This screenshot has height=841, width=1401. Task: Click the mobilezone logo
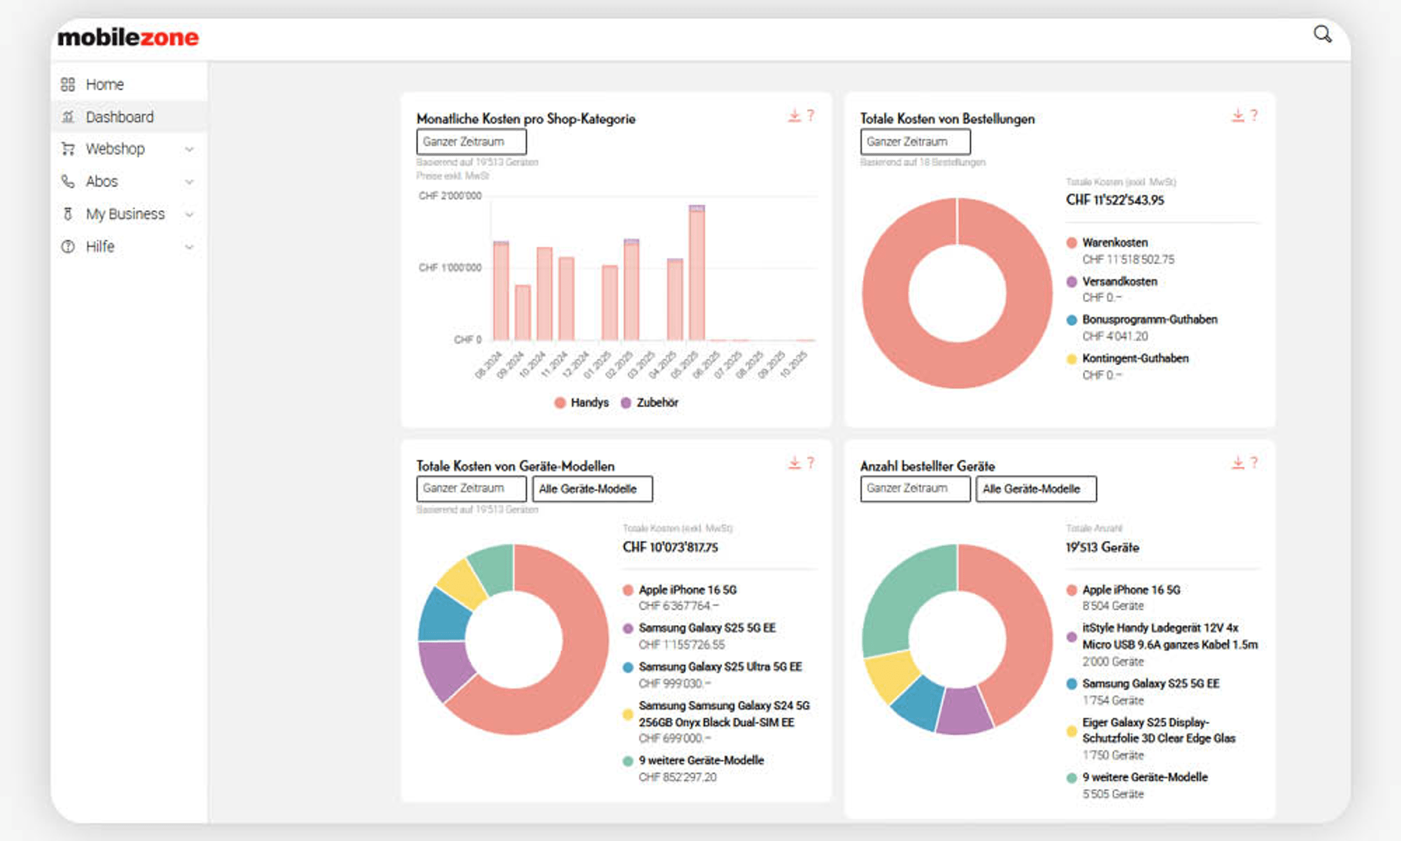click(x=128, y=37)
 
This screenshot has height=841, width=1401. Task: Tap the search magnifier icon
click(x=1322, y=34)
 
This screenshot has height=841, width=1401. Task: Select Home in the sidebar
click(x=104, y=84)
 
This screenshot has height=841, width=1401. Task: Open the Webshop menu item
click(x=115, y=149)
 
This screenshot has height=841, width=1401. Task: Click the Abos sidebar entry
click(x=102, y=182)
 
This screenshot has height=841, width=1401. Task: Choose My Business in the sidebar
click(x=125, y=214)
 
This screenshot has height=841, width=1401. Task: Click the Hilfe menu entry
click(x=100, y=247)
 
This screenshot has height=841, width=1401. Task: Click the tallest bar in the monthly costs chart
click(x=697, y=274)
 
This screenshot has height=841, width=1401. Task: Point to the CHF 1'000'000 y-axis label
click(x=450, y=268)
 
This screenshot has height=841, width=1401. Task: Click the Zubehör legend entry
click(x=657, y=403)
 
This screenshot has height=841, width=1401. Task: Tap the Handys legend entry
click(x=589, y=403)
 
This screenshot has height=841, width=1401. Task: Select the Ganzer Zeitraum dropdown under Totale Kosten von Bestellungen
click(x=915, y=141)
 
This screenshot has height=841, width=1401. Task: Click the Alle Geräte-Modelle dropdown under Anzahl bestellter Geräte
click(x=1035, y=489)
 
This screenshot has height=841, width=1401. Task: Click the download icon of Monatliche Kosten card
click(x=794, y=115)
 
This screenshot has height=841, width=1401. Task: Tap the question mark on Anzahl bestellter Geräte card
click(x=1254, y=463)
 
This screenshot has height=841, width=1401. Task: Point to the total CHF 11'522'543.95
click(x=1114, y=200)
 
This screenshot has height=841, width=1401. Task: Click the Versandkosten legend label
click(x=1120, y=281)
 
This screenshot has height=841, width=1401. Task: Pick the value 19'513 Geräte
click(x=1102, y=547)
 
